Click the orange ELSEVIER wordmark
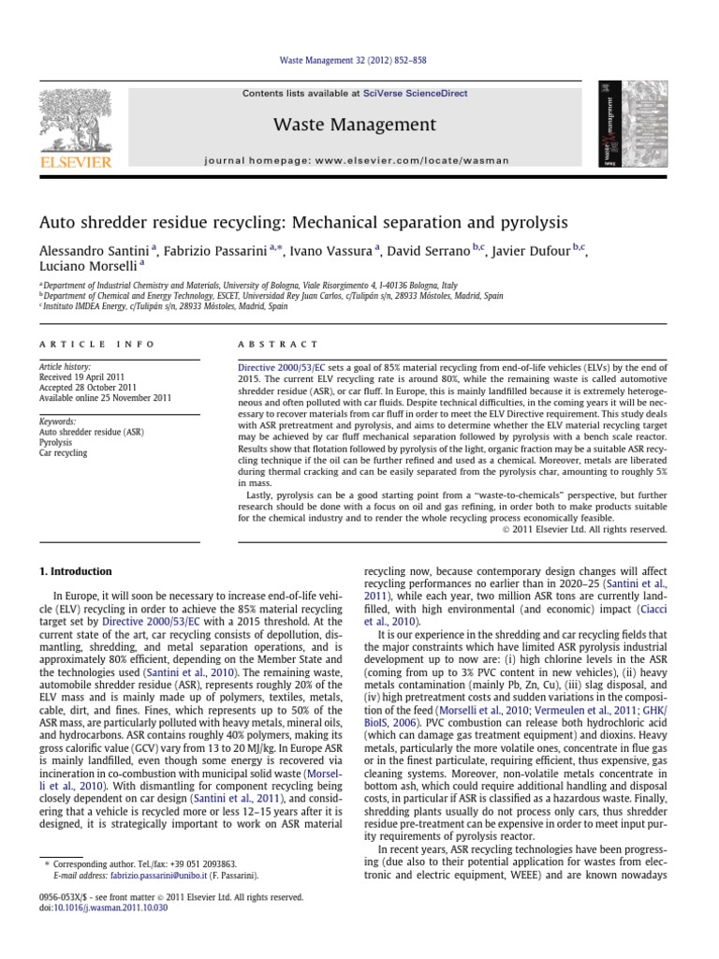(x=74, y=162)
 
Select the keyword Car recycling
(x=63, y=452)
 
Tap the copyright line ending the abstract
(x=585, y=528)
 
